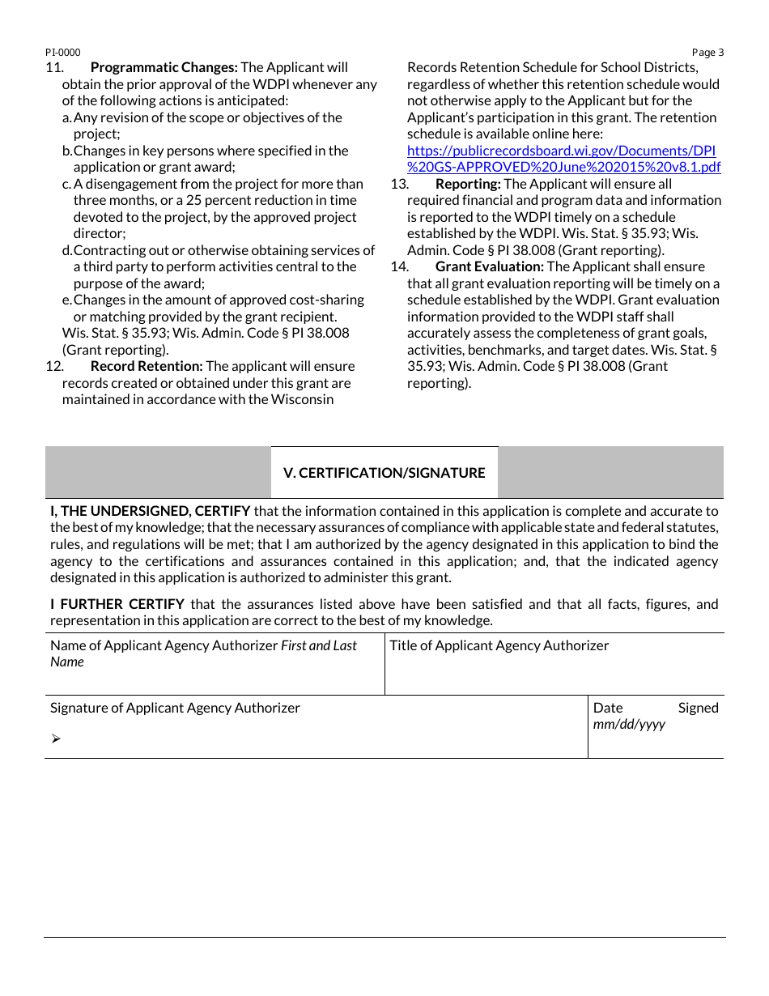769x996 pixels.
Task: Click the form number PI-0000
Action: pos(62,53)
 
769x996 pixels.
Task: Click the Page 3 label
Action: pos(707,53)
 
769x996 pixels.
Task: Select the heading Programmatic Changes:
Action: pos(164,67)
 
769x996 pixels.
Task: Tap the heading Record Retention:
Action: pos(147,366)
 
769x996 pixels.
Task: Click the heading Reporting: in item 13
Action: pos(468,184)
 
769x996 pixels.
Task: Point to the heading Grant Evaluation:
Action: pos(489,266)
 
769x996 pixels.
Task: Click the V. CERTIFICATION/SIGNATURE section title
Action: pos(384,473)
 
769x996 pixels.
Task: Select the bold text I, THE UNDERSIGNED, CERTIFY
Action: pos(150,511)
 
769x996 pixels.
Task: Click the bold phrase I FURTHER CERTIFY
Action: pos(117,604)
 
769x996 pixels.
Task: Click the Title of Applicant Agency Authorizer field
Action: pos(554,672)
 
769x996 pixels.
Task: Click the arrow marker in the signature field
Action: pos(56,738)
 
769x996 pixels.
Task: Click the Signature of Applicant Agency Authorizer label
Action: pos(175,708)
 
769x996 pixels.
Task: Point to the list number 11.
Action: pos(54,67)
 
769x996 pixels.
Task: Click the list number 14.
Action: pos(399,266)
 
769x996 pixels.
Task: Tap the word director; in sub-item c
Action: pos(100,233)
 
